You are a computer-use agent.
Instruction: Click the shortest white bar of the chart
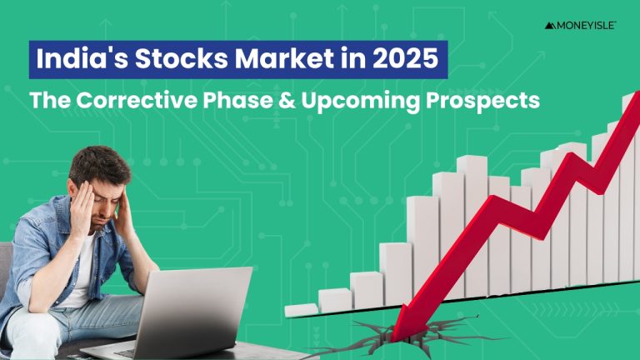[x=301, y=309]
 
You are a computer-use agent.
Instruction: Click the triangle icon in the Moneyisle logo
[x=550, y=26]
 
